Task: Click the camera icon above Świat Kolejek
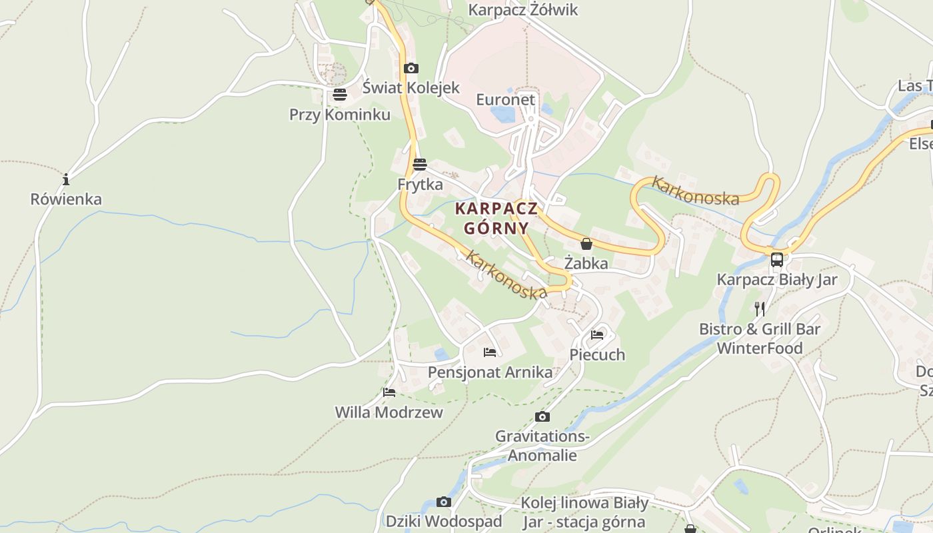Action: click(411, 68)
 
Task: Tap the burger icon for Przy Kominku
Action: click(340, 95)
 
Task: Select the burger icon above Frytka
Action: click(419, 164)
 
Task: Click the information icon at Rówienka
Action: click(66, 179)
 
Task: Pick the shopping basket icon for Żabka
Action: click(586, 244)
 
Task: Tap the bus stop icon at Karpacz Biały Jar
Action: click(777, 259)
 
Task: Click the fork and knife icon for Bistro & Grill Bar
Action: click(760, 308)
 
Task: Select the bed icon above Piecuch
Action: click(597, 334)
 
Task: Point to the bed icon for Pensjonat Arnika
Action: click(490, 352)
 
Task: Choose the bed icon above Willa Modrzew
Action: click(389, 392)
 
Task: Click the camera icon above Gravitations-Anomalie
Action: click(542, 416)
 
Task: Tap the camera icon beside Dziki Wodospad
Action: click(444, 502)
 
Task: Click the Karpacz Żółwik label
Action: click(523, 10)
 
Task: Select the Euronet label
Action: click(505, 100)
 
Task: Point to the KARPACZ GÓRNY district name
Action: click(496, 219)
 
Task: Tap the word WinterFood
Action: click(760, 348)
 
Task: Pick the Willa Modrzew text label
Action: click(389, 412)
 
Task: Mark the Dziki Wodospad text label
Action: click(444, 522)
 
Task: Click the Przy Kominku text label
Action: click(340, 115)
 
